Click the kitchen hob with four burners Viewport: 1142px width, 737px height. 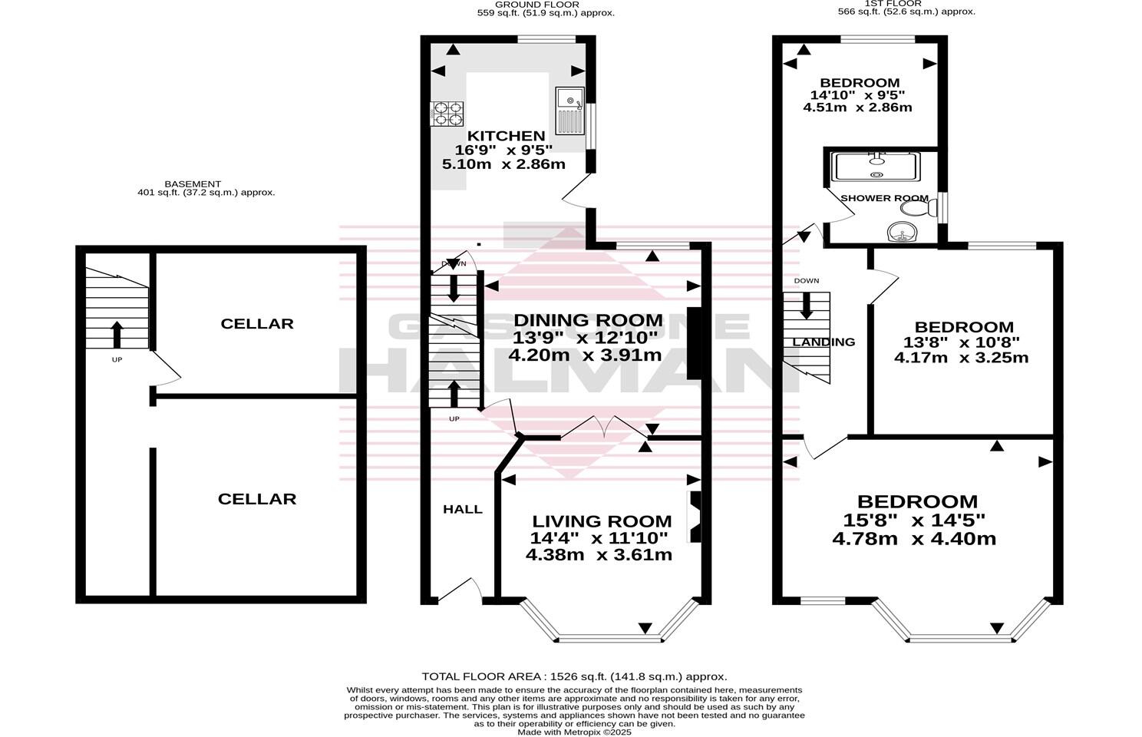(448, 114)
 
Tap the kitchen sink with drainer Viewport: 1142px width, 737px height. (569, 111)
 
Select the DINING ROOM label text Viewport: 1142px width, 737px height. (587, 320)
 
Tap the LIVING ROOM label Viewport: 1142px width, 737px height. (602, 521)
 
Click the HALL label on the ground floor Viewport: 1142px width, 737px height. (463, 509)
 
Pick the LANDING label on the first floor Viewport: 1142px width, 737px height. (823, 342)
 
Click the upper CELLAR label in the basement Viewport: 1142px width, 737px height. (257, 324)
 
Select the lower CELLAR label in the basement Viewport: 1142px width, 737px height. (257, 499)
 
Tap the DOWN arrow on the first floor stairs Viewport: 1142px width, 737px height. (806, 306)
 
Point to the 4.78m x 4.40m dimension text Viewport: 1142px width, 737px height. (914, 539)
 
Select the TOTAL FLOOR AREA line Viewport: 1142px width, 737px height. (574, 676)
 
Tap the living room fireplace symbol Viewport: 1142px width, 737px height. (695, 516)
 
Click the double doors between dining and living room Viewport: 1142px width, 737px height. (603, 428)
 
